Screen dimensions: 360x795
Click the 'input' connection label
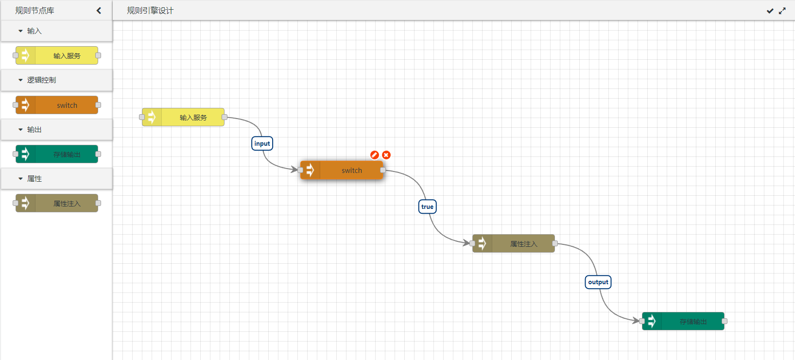point(262,143)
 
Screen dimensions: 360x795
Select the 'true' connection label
point(427,206)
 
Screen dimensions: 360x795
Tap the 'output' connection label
point(598,282)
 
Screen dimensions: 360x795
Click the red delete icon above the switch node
point(386,155)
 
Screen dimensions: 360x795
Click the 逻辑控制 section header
point(42,80)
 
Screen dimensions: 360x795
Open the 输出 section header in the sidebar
point(35,130)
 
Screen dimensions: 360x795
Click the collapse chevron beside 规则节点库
point(99,11)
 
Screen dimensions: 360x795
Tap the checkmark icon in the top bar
point(770,11)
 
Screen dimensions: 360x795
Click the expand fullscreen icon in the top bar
point(782,11)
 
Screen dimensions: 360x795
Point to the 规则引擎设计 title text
point(150,11)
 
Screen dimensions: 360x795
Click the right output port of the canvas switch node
point(383,170)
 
